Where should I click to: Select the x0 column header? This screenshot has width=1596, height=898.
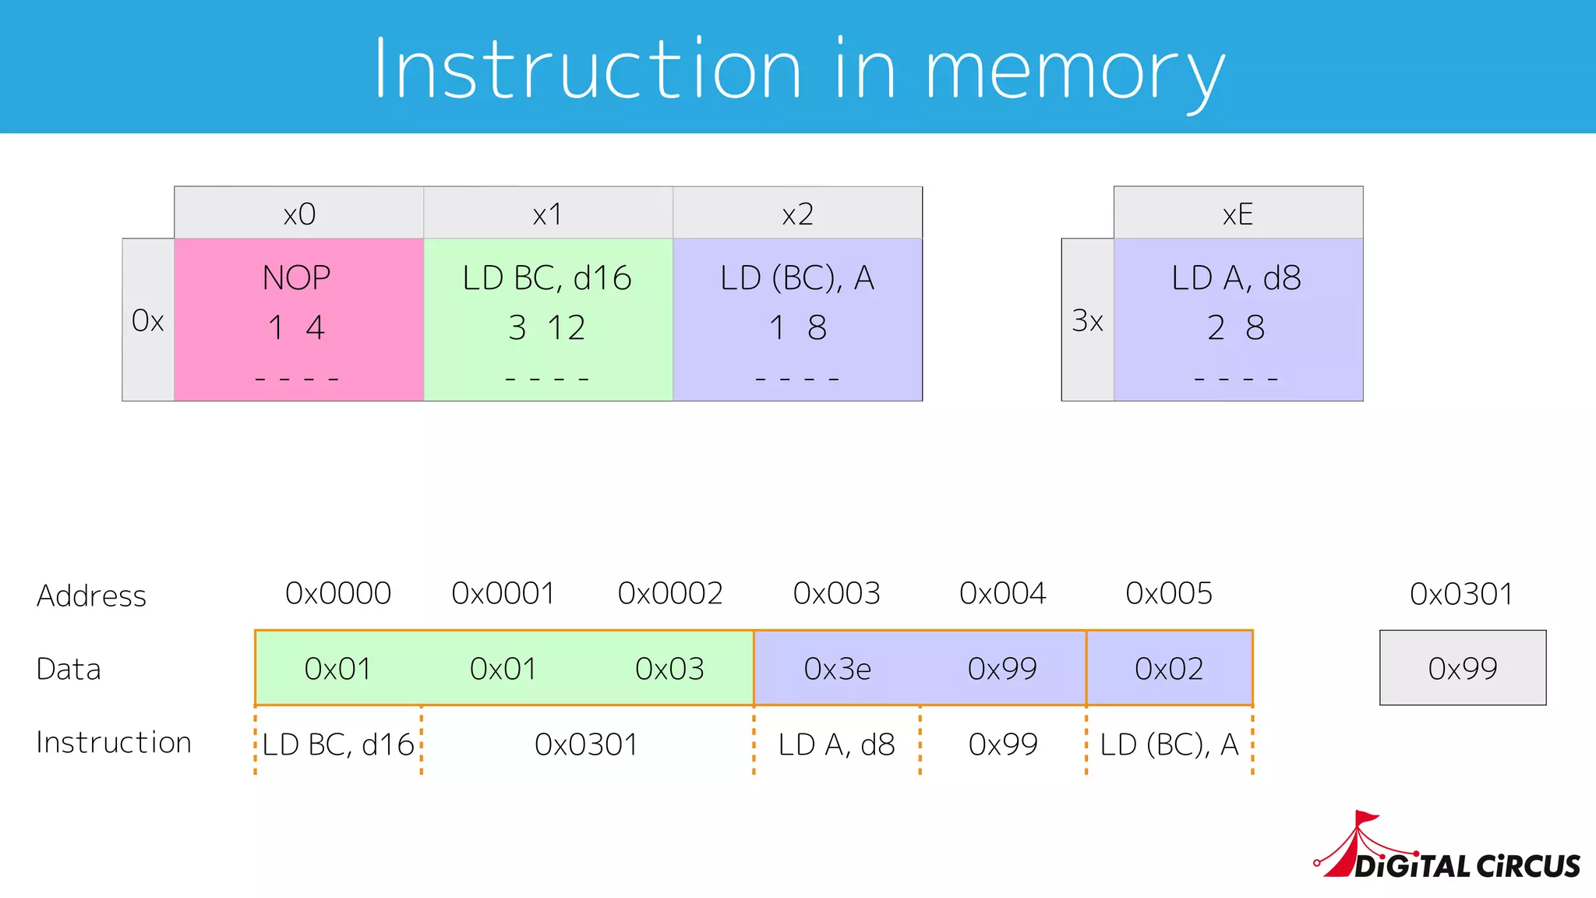click(x=299, y=214)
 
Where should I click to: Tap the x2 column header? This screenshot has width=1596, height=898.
click(x=797, y=214)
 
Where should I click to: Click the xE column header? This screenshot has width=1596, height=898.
click(x=1238, y=214)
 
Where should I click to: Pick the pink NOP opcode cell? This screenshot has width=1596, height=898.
click(x=298, y=320)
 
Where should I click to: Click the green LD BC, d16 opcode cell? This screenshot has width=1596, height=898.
click(x=548, y=320)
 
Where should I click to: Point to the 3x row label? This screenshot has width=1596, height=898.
click(x=1087, y=320)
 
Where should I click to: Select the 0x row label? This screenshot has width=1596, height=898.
click(x=148, y=320)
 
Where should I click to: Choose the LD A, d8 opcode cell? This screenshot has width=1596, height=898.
click(x=1238, y=320)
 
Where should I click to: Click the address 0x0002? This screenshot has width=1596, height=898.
click(x=670, y=594)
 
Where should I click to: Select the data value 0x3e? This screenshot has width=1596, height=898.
click(x=837, y=669)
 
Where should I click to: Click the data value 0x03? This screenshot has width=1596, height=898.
click(x=669, y=669)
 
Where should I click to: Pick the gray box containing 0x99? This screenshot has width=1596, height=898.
click(x=1463, y=668)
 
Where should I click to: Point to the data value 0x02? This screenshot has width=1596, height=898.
click(x=1169, y=669)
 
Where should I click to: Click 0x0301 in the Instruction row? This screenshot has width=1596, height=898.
click(x=586, y=744)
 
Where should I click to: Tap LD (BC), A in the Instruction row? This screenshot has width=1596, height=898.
click(x=1169, y=744)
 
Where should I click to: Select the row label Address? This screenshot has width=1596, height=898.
click(x=91, y=596)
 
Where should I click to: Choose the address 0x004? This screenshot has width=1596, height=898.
click(x=1002, y=594)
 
